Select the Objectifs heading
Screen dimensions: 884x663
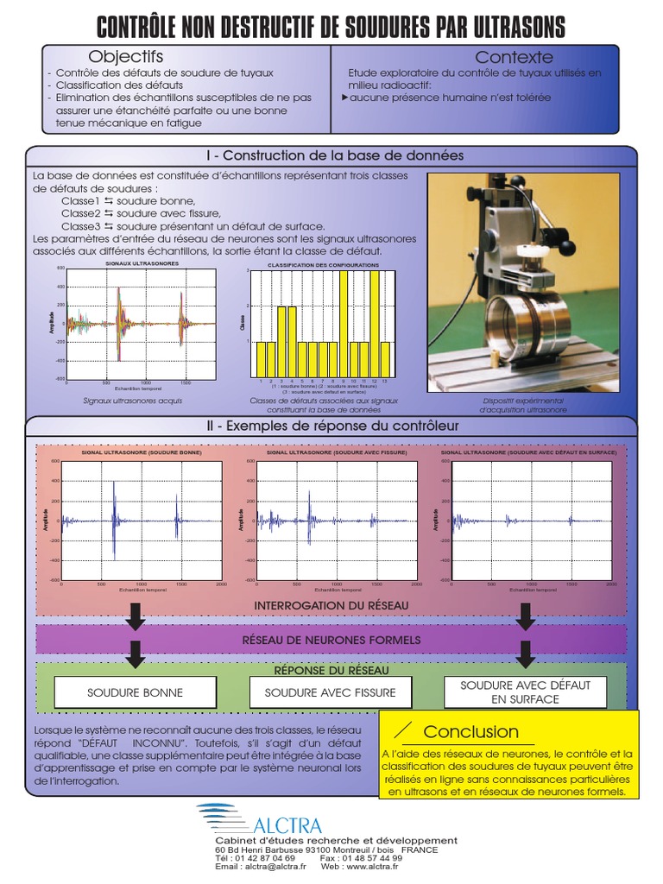click(126, 57)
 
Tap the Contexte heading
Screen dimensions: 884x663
click(514, 58)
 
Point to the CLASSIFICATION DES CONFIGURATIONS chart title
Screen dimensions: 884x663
click(322, 265)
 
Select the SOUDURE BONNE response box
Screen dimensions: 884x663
click(136, 692)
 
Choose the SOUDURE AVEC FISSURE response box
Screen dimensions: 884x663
click(330, 692)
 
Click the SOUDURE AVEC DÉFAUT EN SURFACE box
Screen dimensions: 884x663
click(525, 691)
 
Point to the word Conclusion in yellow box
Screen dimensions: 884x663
click(470, 732)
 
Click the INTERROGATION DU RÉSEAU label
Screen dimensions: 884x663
click(331, 605)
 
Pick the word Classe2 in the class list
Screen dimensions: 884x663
click(81, 213)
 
